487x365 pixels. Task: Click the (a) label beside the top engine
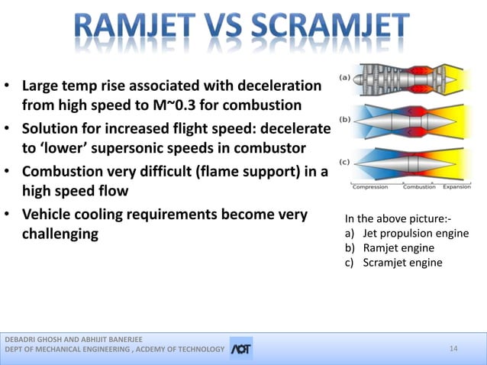tap(345, 77)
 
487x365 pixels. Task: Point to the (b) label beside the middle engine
tap(345, 120)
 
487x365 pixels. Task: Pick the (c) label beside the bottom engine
tap(345, 161)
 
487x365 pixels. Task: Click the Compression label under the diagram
tap(369, 187)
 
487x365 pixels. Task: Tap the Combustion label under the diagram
tap(419, 187)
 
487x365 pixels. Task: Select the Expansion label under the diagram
tap(456, 187)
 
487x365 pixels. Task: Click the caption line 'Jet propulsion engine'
tap(415, 233)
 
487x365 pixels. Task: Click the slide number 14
tap(453, 349)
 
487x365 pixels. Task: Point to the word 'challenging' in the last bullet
tap(60, 234)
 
